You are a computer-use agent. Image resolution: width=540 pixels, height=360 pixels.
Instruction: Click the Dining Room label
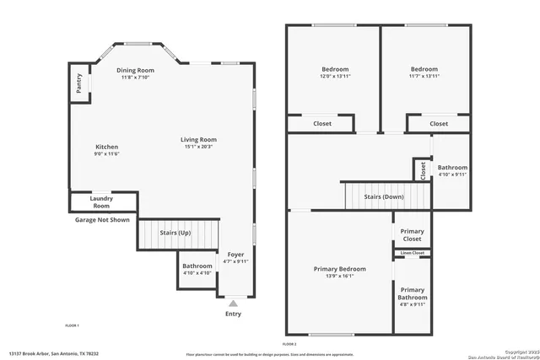(x=135, y=70)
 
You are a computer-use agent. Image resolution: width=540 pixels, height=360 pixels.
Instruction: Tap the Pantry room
(x=78, y=83)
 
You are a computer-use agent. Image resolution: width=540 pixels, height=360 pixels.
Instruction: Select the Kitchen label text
(x=106, y=147)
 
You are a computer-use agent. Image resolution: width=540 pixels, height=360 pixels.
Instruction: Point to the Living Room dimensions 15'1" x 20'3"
(x=198, y=147)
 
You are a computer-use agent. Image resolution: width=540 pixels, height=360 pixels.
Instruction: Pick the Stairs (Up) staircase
(x=177, y=234)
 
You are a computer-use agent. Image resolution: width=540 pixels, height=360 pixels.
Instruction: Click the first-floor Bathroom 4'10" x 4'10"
(x=197, y=270)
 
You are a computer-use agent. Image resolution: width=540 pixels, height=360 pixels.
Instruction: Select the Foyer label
(x=235, y=254)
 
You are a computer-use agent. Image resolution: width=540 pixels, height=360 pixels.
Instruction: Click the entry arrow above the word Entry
(x=233, y=302)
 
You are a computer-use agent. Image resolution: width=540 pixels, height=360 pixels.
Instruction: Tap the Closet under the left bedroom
(x=321, y=124)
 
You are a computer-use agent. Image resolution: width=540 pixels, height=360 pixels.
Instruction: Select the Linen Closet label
(x=413, y=253)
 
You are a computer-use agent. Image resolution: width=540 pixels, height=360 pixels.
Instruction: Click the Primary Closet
(x=412, y=234)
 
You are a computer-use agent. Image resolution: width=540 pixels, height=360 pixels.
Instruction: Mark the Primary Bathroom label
(x=413, y=293)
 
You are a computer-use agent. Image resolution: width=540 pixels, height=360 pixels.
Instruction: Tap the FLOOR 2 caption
(x=289, y=345)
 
